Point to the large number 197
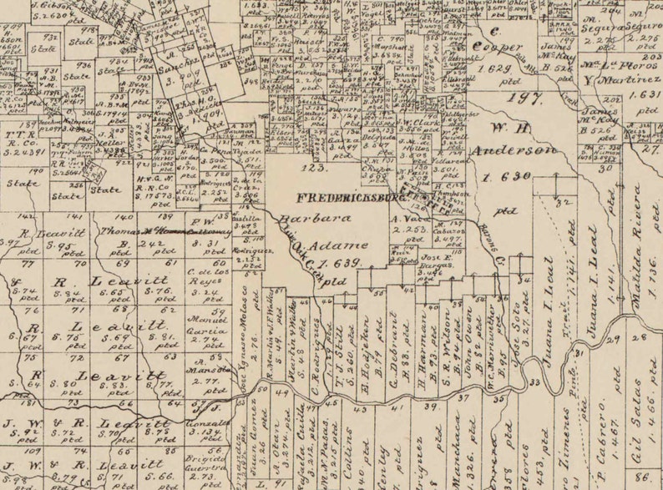(524, 99)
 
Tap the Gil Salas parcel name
(637, 414)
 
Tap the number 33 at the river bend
(533, 382)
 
